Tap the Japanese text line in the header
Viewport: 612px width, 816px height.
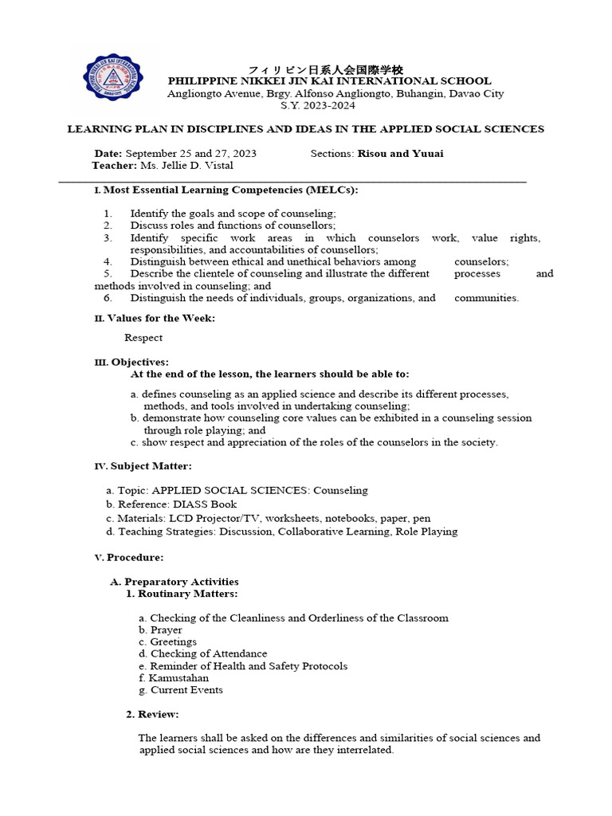click(326, 70)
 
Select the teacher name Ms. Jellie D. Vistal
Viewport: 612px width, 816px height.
click(187, 166)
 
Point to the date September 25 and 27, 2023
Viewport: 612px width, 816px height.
click(191, 154)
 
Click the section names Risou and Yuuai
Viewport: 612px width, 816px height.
click(401, 154)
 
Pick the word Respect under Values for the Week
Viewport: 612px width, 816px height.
click(143, 338)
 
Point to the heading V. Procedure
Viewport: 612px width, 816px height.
click(129, 558)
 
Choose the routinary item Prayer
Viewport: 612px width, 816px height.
click(167, 630)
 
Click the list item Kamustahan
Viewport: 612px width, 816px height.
click(179, 678)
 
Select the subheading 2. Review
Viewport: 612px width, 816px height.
click(153, 714)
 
